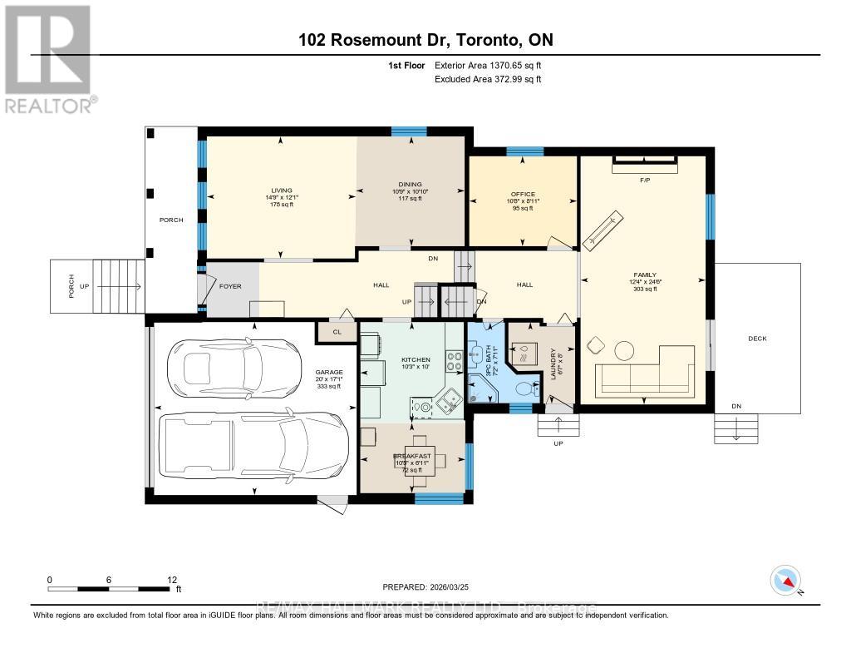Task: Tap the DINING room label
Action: [x=410, y=185]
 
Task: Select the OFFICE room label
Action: [x=523, y=194]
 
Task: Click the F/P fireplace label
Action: [x=644, y=179]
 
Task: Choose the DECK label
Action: [x=757, y=339]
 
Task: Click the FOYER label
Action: [x=230, y=286]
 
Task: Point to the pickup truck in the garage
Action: [x=253, y=445]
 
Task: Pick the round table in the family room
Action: [x=624, y=349]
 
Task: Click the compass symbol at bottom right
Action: [x=785, y=580]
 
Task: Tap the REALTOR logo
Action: [x=47, y=58]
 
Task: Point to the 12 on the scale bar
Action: [x=172, y=580]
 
